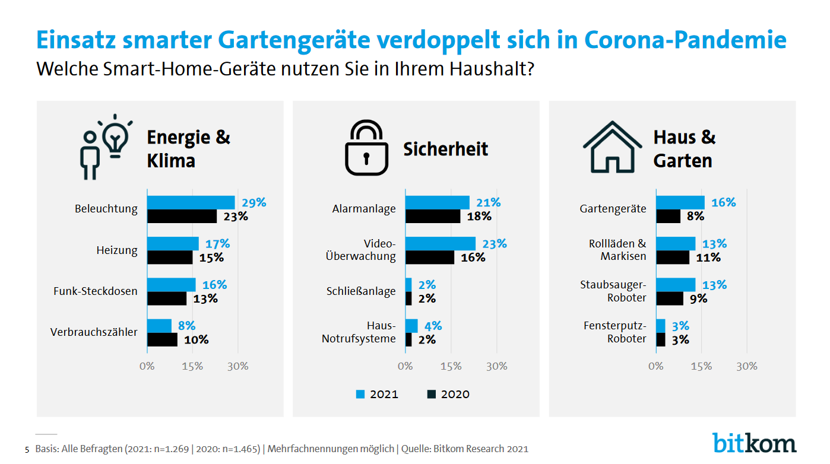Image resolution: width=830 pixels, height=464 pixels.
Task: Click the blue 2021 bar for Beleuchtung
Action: pyautogui.click(x=191, y=202)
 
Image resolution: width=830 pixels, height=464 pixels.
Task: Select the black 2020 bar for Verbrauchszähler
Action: pyautogui.click(x=162, y=339)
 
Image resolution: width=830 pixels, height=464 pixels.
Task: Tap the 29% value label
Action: pyautogui.click(x=254, y=203)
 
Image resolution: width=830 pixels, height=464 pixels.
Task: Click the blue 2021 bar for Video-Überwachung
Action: pyautogui.click(x=440, y=244)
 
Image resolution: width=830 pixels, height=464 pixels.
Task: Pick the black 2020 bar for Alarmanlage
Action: pyautogui.click(x=432, y=216)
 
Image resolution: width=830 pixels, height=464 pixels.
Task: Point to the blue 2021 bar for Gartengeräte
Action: pyautogui.click(x=680, y=202)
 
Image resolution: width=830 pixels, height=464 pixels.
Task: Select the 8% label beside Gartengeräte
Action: pyautogui.click(x=695, y=217)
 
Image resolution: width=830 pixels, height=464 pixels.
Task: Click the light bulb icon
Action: pyautogui.click(x=115, y=138)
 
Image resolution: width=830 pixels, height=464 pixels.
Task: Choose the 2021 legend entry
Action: pyautogui.click(x=377, y=394)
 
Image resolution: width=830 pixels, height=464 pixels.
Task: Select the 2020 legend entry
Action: pyautogui.click(x=448, y=394)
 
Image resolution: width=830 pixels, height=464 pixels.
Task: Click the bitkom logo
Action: pyautogui.click(x=754, y=443)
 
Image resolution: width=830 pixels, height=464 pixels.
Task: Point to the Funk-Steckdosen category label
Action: pyautogui.click(x=95, y=291)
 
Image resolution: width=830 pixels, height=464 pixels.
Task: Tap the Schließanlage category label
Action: pyautogui.click(x=360, y=291)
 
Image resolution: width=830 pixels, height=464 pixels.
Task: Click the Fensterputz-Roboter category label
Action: pyautogui.click(x=614, y=332)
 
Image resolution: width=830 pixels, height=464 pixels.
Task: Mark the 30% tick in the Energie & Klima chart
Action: pyautogui.click(x=238, y=366)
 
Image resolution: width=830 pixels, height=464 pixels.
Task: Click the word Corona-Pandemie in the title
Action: pyautogui.click(x=686, y=40)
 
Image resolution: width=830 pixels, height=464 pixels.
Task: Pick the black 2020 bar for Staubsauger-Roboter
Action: pyautogui.click(x=670, y=298)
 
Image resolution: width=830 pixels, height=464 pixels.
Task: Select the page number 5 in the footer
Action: pyautogui.click(x=27, y=450)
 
